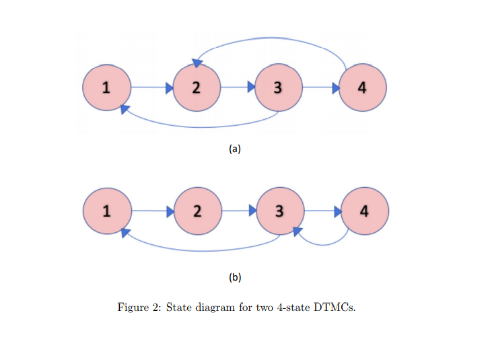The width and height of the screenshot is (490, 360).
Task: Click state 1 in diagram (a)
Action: pos(106,87)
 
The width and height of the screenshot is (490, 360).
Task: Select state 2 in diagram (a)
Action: pos(196,87)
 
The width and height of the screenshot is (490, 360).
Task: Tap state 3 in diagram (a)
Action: pos(278,87)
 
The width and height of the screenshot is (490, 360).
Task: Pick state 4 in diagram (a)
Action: pos(362,87)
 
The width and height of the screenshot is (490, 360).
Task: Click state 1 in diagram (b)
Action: pos(106,211)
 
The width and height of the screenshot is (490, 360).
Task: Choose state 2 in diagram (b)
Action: pos(196,211)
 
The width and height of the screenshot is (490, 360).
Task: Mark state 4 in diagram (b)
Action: pos(364,211)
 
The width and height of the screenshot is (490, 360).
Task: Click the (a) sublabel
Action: pos(234,149)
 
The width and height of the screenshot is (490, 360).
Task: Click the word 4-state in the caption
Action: pos(292,308)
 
